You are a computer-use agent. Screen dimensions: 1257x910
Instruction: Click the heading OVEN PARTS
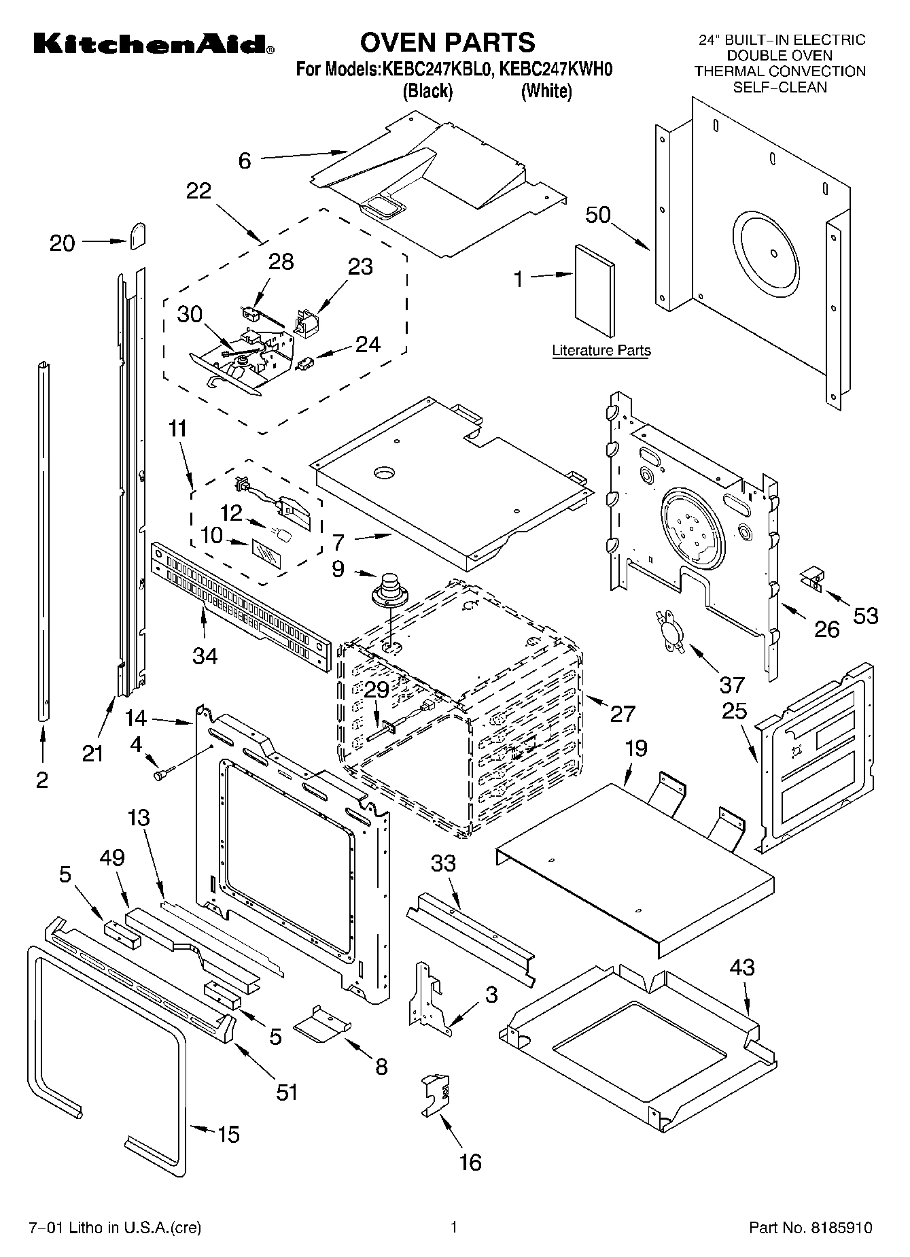pyautogui.click(x=447, y=42)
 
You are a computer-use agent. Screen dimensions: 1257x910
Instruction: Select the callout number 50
pyautogui.click(x=598, y=215)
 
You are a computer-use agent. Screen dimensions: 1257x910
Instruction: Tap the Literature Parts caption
pyautogui.click(x=601, y=351)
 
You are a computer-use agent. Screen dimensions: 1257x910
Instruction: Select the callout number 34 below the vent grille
pyautogui.click(x=205, y=655)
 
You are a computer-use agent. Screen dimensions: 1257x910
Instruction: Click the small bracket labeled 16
pyautogui.click(x=436, y=1095)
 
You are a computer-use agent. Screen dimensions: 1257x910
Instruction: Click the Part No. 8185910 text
pyautogui.click(x=810, y=1228)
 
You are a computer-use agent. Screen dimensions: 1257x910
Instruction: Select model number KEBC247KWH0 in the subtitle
pyautogui.click(x=557, y=69)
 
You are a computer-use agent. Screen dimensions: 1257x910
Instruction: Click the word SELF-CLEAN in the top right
pyautogui.click(x=780, y=87)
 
